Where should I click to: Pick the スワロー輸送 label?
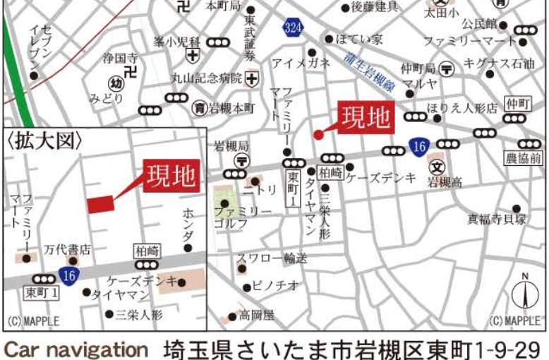[x=272, y=258]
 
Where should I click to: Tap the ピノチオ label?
[x=275, y=286]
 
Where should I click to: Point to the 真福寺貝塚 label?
[x=497, y=220]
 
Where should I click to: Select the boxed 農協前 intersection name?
[x=523, y=159]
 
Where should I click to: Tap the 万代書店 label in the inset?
[x=67, y=249]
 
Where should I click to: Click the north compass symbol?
[x=524, y=292]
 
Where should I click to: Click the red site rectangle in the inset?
[x=100, y=203]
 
